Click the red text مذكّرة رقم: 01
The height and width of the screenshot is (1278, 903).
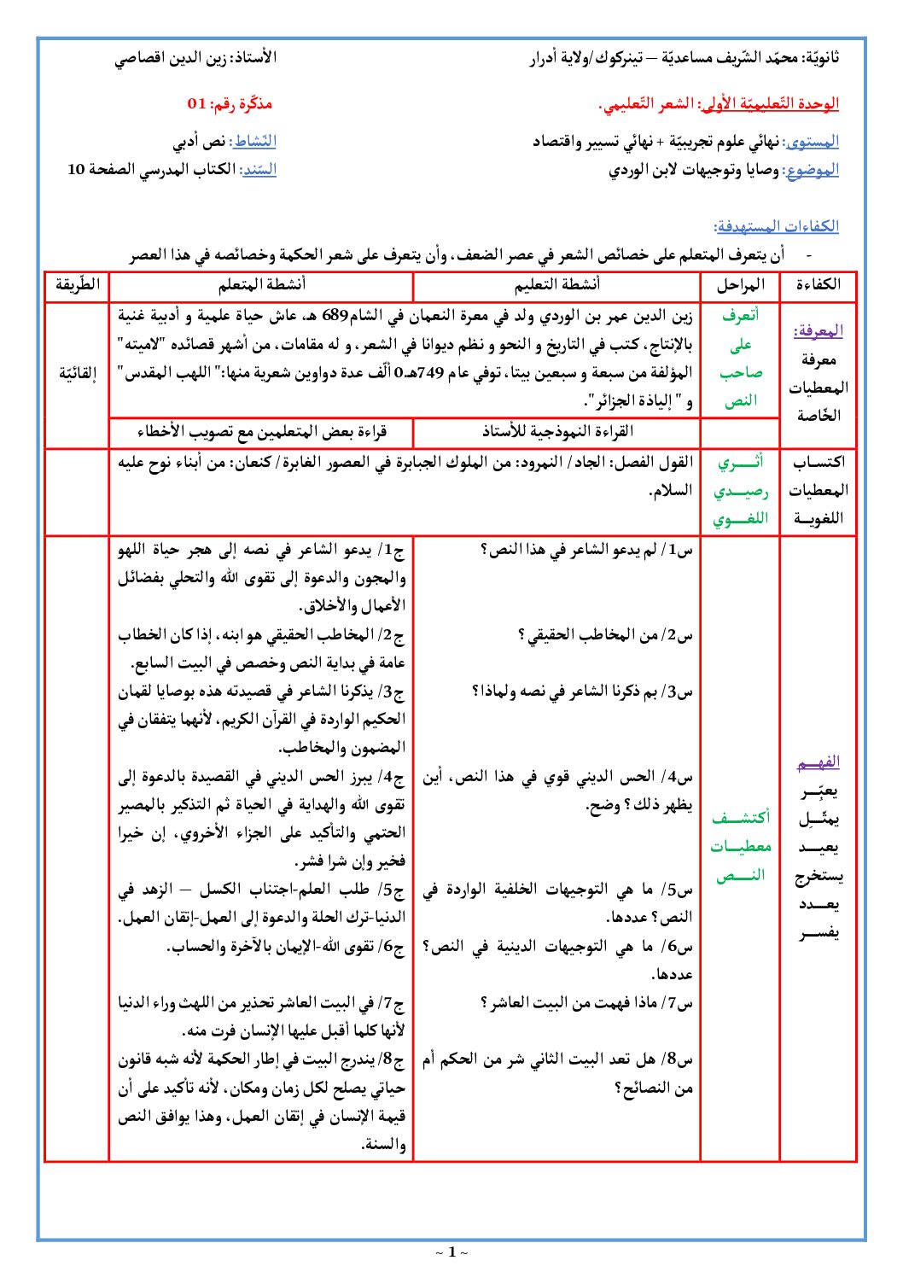(x=230, y=104)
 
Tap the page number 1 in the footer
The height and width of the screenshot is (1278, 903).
(x=451, y=1252)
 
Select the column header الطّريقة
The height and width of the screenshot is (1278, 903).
(x=78, y=285)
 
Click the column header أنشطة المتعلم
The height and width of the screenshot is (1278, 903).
(x=261, y=285)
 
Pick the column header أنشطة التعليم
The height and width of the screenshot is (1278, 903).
(x=556, y=285)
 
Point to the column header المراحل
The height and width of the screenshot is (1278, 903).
(x=740, y=285)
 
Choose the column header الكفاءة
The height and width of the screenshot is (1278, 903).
(x=818, y=285)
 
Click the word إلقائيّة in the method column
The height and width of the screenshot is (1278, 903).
(x=78, y=373)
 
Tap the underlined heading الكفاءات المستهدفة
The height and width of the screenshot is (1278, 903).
(x=776, y=226)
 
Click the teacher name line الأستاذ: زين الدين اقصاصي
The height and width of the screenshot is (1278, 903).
(x=195, y=58)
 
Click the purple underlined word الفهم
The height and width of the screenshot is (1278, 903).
(x=818, y=762)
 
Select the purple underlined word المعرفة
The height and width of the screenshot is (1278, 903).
(x=818, y=331)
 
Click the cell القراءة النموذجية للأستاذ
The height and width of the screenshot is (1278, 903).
(x=556, y=432)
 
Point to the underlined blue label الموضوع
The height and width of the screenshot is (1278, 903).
(x=812, y=170)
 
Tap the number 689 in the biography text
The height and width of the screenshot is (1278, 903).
(x=335, y=317)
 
